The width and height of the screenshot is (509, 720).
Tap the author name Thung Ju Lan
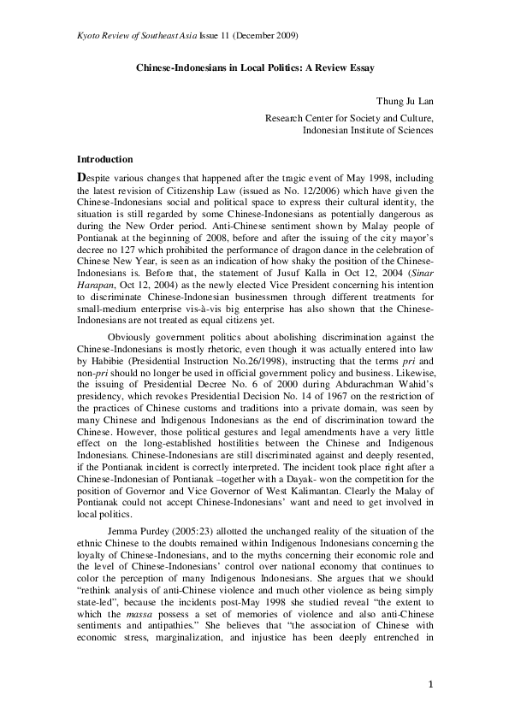point(405,99)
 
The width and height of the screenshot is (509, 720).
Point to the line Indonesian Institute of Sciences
point(368,131)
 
